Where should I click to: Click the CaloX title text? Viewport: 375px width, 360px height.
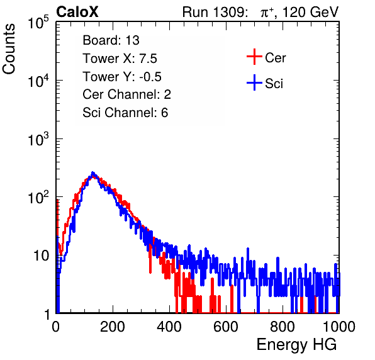pyautogui.click(x=77, y=12)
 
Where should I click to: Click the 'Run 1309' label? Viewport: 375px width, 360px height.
pyautogui.click(x=213, y=12)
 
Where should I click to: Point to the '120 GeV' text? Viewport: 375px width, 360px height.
pyautogui.click(x=311, y=12)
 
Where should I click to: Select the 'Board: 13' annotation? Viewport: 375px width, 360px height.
pyautogui.click(x=111, y=40)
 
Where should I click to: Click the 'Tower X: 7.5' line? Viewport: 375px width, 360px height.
pyautogui.click(x=120, y=59)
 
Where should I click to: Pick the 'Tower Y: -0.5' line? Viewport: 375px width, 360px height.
pyautogui.click(x=122, y=77)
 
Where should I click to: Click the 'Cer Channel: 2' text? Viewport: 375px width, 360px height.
pyautogui.click(x=126, y=94)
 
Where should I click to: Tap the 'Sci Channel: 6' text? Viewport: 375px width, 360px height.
pyautogui.click(x=125, y=113)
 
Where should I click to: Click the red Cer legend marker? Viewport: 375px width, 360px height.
pyautogui.click(x=254, y=57)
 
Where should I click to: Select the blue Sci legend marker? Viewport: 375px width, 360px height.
pyautogui.click(x=254, y=83)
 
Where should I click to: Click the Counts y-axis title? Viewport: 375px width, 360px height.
pyautogui.click(x=9, y=49)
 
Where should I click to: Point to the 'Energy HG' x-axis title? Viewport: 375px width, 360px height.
pyautogui.click(x=296, y=345)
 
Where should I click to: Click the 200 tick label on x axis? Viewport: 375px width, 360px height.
pyautogui.click(x=113, y=327)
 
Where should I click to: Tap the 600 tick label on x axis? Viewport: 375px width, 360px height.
pyautogui.click(x=226, y=327)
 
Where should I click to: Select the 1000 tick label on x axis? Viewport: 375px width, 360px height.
pyautogui.click(x=339, y=327)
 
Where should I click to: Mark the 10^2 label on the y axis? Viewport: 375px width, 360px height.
pyautogui.click(x=38, y=197)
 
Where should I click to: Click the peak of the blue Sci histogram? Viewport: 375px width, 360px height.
pyautogui.click(x=93, y=172)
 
